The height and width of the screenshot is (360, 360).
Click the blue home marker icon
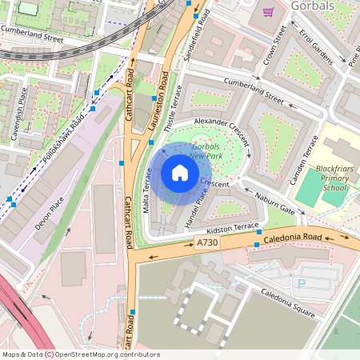[180, 173]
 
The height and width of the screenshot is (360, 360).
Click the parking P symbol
[302, 283]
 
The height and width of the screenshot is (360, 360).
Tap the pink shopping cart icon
[268, 11]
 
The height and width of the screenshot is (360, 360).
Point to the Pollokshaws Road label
[64, 133]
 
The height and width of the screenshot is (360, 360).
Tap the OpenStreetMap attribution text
[80, 354]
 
